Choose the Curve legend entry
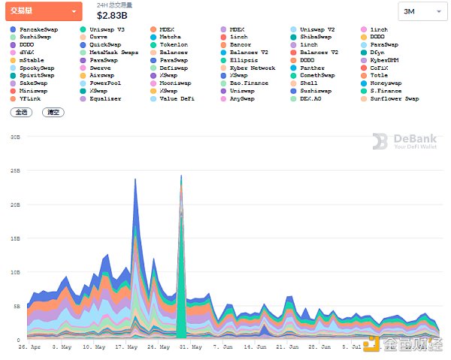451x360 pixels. pyautogui.click(x=98, y=36)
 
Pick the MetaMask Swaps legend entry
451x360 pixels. pyautogui.click(x=113, y=52)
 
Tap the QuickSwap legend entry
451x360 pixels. pyautogui.click(x=104, y=44)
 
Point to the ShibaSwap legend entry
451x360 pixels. pyautogui.click(x=321, y=36)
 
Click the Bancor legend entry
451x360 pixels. pyautogui.click(x=242, y=44)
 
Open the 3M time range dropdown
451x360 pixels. pyautogui.click(x=419, y=11)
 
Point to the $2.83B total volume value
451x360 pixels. pyautogui.click(x=117, y=14)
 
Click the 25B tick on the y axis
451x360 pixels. pyautogui.click(x=15, y=171)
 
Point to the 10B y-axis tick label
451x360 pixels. pyautogui.click(x=15, y=272)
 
